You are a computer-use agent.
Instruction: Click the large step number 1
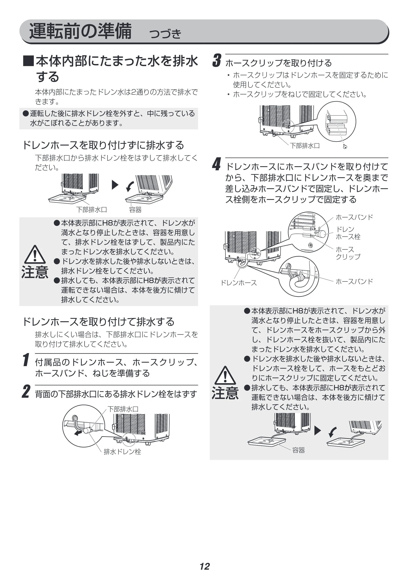(x=26, y=360)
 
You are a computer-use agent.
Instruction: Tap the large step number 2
(x=26, y=391)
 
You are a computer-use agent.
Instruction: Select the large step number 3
(x=217, y=61)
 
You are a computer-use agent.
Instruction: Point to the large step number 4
(x=217, y=164)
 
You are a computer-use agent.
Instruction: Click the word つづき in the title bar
(x=165, y=34)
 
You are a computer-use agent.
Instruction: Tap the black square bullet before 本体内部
(x=28, y=61)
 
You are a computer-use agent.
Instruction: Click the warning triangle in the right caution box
(x=225, y=375)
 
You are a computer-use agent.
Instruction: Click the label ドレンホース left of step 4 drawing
(x=239, y=283)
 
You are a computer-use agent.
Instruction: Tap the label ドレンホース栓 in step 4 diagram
(x=348, y=233)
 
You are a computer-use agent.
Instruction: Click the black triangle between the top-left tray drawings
(x=115, y=185)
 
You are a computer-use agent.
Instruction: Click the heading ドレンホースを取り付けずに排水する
(x=103, y=145)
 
